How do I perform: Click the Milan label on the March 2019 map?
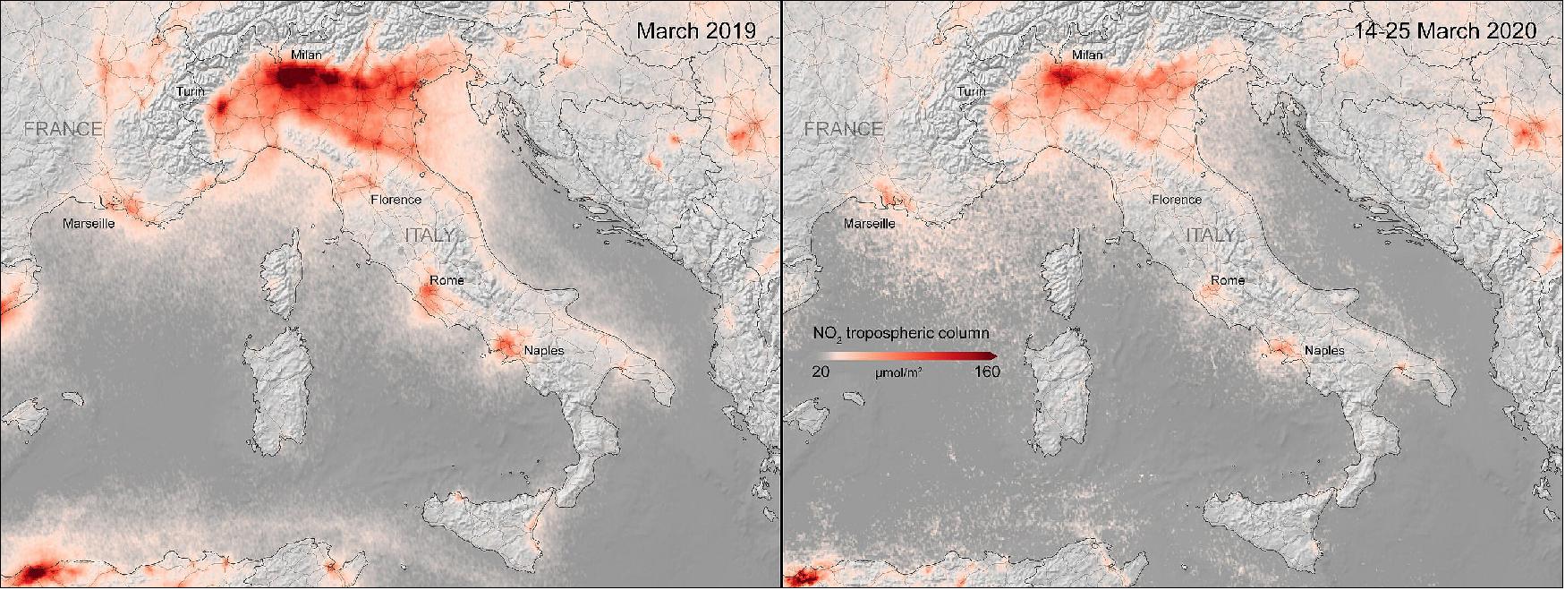point(306,55)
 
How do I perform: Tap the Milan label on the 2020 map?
point(1087,55)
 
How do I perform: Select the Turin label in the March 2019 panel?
point(190,91)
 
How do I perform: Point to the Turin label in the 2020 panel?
point(971,91)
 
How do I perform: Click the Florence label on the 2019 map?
point(396,200)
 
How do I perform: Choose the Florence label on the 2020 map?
point(1177,200)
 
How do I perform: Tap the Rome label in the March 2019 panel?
point(447,280)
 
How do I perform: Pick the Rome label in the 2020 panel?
point(1228,280)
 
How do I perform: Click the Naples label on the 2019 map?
point(544,350)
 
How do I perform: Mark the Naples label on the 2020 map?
point(1324,350)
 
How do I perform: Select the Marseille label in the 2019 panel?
point(89,223)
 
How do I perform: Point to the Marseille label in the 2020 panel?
point(870,223)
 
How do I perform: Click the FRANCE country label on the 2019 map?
point(63,129)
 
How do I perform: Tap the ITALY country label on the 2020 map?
point(1211,235)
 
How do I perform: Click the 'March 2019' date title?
point(695,30)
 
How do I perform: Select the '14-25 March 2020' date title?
point(1445,30)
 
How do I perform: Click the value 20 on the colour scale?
point(821,372)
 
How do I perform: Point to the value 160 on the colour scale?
point(987,372)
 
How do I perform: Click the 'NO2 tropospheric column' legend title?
point(901,334)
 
